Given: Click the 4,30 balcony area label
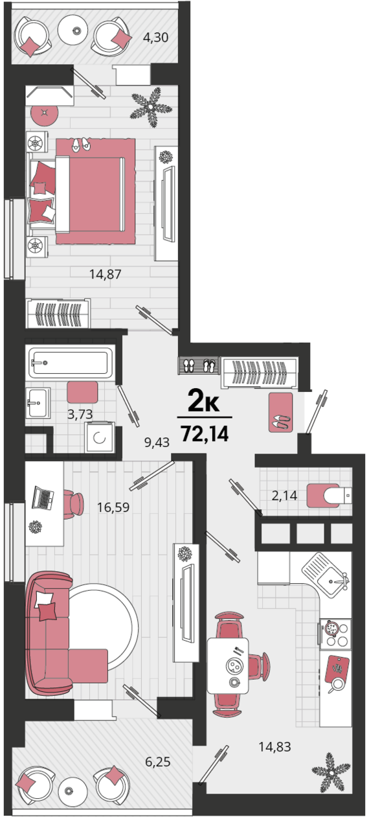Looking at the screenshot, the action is coord(155,37).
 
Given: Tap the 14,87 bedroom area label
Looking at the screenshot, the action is coord(106,274).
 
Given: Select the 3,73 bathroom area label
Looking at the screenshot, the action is coord(80,414).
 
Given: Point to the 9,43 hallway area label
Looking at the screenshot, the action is coord(157,442).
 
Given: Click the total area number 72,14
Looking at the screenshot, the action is coord(205,433).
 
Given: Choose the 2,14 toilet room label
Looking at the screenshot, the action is coord(284,495).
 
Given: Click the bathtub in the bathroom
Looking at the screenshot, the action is coord(71,363).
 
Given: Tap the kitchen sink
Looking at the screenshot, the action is coord(326,575).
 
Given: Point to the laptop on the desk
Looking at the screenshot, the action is coord(43,498).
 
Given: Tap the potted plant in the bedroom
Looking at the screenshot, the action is coord(151,107).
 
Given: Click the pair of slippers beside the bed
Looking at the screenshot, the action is coord(81,144).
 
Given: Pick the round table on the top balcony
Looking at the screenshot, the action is coord(76,30).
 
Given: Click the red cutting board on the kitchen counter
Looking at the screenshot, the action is coord(337,668).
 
